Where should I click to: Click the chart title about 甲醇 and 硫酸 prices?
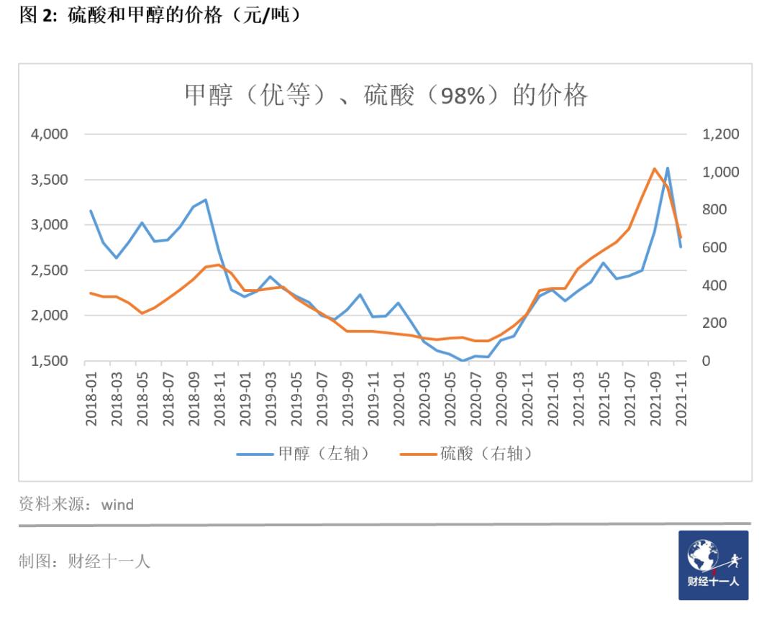point(386,96)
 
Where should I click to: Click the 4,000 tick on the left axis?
point(48,134)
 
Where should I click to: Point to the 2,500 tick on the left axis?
point(48,270)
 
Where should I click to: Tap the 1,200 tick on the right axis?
point(719,134)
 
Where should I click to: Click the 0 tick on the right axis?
point(706,361)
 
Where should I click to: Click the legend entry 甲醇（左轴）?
point(305,454)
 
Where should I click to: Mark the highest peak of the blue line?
point(668,168)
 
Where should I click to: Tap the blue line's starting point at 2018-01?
point(91,211)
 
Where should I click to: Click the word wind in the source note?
point(117,505)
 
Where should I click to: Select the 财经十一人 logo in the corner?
point(713,565)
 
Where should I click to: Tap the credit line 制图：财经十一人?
point(84,561)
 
